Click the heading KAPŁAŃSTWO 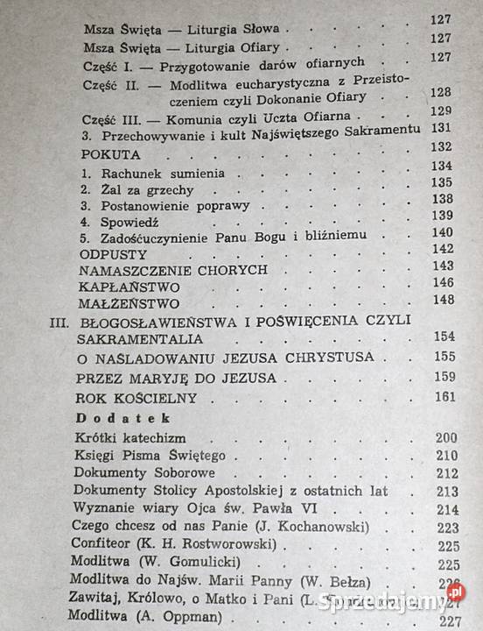[129, 287]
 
